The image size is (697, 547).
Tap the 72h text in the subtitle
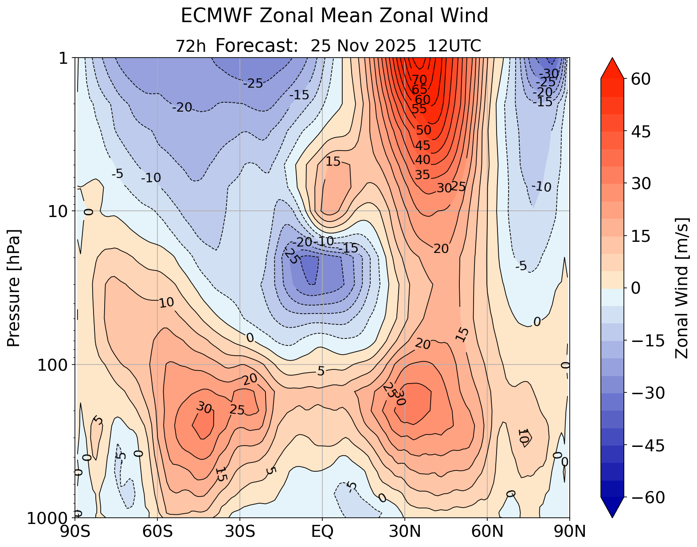point(191,46)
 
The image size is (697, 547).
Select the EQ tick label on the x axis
point(322,531)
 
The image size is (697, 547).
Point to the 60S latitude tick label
point(158,531)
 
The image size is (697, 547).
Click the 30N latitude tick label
point(404,531)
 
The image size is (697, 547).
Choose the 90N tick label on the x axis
point(569,531)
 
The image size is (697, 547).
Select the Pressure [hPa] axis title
point(14,288)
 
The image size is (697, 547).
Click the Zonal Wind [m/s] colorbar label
point(681,288)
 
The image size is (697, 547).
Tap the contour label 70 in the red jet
point(419,80)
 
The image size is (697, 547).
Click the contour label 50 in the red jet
point(423,130)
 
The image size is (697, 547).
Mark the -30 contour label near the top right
point(549,74)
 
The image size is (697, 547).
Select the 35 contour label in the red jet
point(422,175)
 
